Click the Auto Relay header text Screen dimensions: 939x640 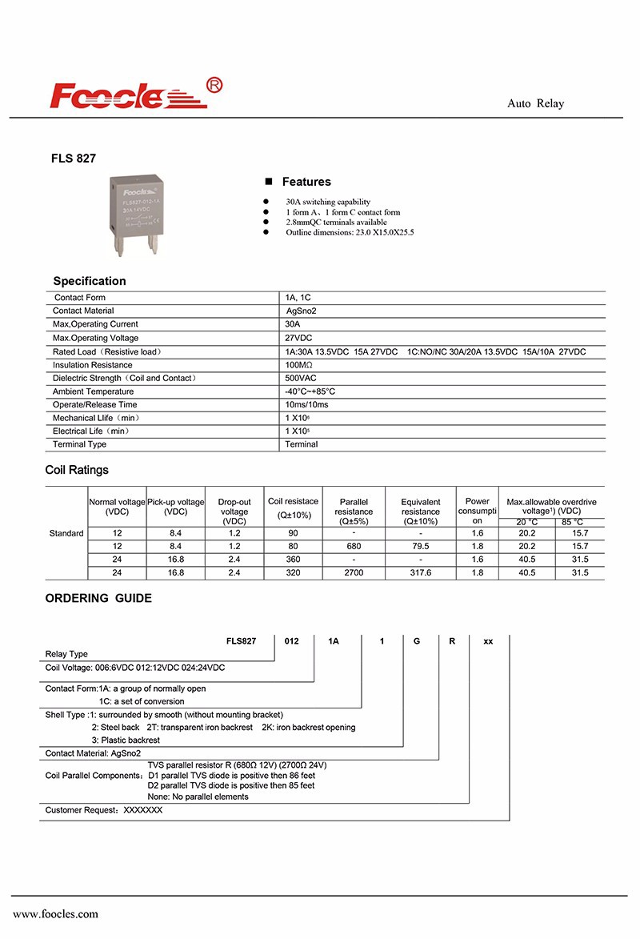coord(535,104)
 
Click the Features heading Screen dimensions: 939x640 coord(306,182)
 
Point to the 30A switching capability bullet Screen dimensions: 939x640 coord(328,202)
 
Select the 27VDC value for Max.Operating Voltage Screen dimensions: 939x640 coord(298,338)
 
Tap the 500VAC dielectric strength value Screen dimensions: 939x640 coord(300,378)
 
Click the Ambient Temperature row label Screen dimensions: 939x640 coord(93,391)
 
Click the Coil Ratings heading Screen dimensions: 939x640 coord(77,470)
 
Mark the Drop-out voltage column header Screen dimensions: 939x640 coord(234,512)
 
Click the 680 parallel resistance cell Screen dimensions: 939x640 coord(354,546)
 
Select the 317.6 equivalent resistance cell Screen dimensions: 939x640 coord(420,573)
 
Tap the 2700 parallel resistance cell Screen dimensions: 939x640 coord(354,573)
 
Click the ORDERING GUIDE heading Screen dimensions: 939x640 coord(98,598)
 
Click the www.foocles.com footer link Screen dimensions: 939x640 coord(55,913)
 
